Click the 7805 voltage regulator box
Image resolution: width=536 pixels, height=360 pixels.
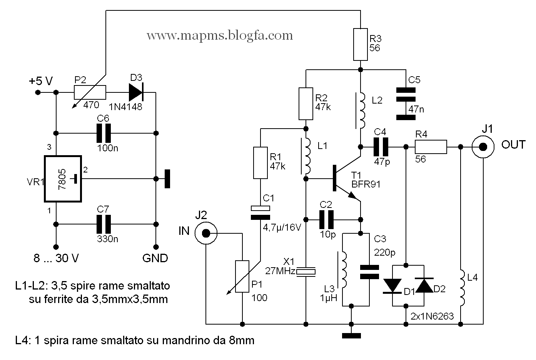(63, 179)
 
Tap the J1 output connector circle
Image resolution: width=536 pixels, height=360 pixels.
(483, 147)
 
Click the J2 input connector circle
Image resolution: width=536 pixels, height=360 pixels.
(206, 233)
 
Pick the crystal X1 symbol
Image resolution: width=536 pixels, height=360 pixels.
(306, 272)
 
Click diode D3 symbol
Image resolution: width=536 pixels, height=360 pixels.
(135, 92)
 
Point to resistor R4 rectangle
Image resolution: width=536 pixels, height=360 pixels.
(431, 147)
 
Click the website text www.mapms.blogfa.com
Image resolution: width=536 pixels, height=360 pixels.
(220, 36)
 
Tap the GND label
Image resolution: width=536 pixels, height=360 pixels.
(155, 258)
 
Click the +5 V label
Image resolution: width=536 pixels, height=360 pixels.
(40, 81)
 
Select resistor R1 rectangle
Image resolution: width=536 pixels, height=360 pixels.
(260, 162)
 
